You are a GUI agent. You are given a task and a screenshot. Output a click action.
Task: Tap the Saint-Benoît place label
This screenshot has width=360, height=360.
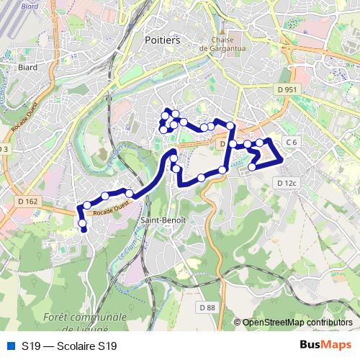[163, 219]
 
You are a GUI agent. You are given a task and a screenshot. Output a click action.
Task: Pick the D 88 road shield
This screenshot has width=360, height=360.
[207, 307]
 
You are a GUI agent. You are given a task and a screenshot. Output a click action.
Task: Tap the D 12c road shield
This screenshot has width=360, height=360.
[287, 184]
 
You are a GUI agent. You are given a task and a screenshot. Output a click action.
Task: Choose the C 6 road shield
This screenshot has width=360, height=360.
[291, 143]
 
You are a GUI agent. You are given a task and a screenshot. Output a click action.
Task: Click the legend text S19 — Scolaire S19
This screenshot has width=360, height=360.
[69, 346]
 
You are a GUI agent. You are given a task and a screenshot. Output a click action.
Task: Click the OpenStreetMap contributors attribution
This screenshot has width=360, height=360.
[297, 322]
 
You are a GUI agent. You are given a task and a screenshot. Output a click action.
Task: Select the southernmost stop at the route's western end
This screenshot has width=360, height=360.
[84, 229]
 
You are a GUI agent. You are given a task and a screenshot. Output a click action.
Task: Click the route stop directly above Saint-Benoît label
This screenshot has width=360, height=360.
[176, 168]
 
